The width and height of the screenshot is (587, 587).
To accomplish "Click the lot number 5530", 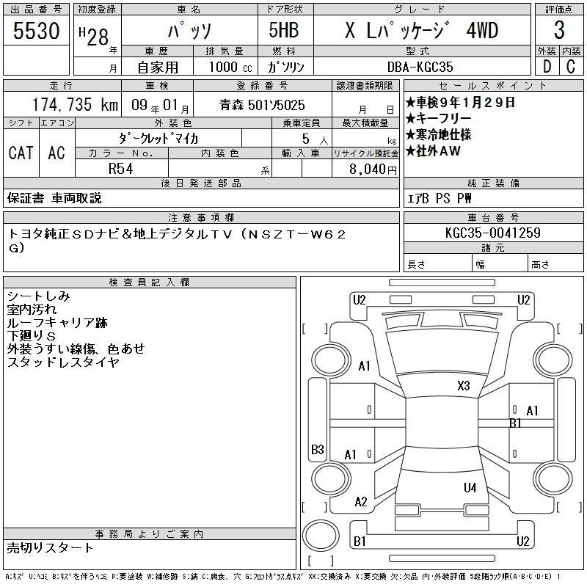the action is (36, 30).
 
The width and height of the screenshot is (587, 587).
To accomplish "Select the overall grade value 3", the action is (559, 30).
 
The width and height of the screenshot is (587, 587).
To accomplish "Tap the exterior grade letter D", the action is (547, 67).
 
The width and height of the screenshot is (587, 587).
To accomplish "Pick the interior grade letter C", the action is (571, 67).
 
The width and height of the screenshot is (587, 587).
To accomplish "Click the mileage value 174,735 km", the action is (75, 105).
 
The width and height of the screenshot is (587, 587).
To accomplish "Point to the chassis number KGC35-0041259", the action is (492, 233).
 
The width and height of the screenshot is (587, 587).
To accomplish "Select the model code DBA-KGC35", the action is (420, 67).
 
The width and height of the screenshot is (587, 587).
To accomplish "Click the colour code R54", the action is (120, 169).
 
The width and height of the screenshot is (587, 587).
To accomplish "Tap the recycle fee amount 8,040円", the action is (373, 169).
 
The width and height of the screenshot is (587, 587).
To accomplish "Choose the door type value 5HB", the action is (284, 30).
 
